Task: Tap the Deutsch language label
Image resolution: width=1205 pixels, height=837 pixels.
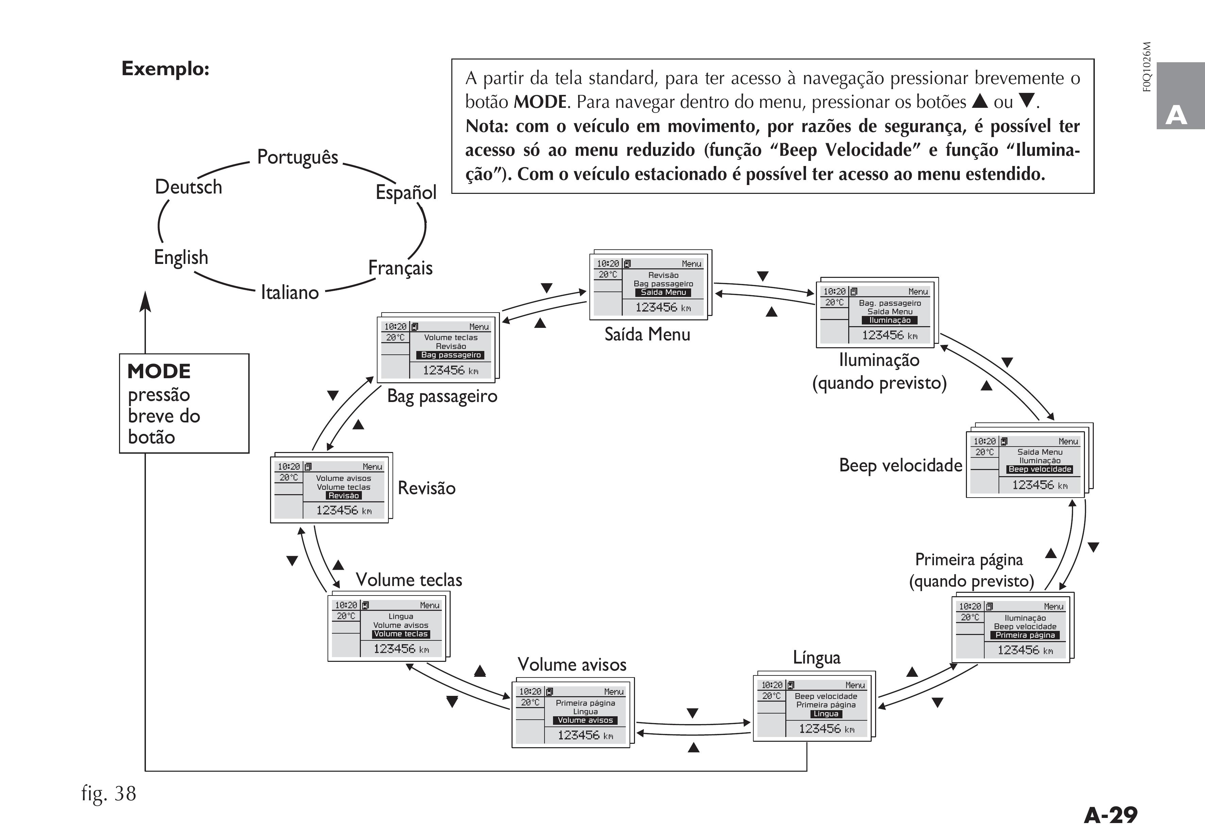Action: (x=188, y=187)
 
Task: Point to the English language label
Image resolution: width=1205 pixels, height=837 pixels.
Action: (x=181, y=257)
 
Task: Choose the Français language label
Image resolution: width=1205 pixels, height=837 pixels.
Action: (x=400, y=268)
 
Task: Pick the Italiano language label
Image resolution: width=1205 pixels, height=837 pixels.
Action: (x=289, y=292)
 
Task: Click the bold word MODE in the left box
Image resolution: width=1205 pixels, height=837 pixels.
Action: (x=159, y=372)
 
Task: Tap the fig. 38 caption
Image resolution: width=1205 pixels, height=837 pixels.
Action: (x=108, y=793)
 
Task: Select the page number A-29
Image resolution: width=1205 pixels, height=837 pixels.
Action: (x=1110, y=815)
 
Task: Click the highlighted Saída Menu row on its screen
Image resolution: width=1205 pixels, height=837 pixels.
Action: (x=663, y=292)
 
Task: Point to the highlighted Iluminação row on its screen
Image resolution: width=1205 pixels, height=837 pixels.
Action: (x=890, y=320)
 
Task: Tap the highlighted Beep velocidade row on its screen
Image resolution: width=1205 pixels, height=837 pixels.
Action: (x=1040, y=469)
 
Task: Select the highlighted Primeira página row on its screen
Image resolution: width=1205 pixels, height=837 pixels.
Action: (x=1025, y=635)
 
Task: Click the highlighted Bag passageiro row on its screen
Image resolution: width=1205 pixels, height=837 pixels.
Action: (x=451, y=355)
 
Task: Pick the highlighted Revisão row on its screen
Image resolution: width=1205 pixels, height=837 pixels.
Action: (x=344, y=496)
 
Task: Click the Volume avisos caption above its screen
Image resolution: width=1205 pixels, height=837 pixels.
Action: (x=572, y=665)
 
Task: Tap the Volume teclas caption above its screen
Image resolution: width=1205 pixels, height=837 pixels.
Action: (x=409, y=580)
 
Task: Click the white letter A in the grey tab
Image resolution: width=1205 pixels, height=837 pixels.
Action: (x=1176, y=115)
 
